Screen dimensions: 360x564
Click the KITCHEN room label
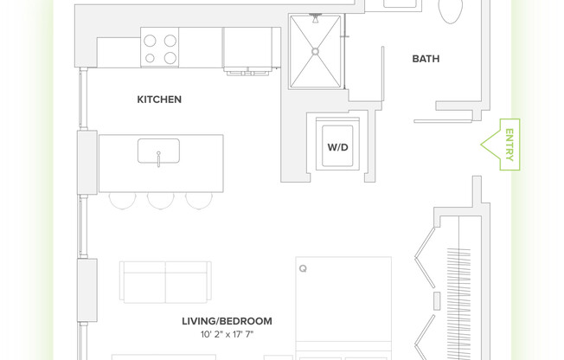(159, 100)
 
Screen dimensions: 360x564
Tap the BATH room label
(426, 59)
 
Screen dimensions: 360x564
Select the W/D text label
(337, 147)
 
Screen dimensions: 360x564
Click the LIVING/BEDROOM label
(227, 321)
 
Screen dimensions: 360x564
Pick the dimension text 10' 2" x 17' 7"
(227, 334)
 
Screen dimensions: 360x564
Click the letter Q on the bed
(303, 269)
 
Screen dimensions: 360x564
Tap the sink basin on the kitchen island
(158, 151)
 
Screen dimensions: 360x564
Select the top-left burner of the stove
(150, 40)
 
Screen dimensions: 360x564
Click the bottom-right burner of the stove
(170, 58)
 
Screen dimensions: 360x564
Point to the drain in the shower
(316, 51)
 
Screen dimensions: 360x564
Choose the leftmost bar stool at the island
(123, 199)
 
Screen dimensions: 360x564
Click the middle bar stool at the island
(161, 199)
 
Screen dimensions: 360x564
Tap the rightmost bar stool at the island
(199, 199)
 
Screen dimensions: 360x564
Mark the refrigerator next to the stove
(251, 48)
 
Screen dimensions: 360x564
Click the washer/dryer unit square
(337, 148)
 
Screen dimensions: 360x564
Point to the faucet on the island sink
(158, 158)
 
